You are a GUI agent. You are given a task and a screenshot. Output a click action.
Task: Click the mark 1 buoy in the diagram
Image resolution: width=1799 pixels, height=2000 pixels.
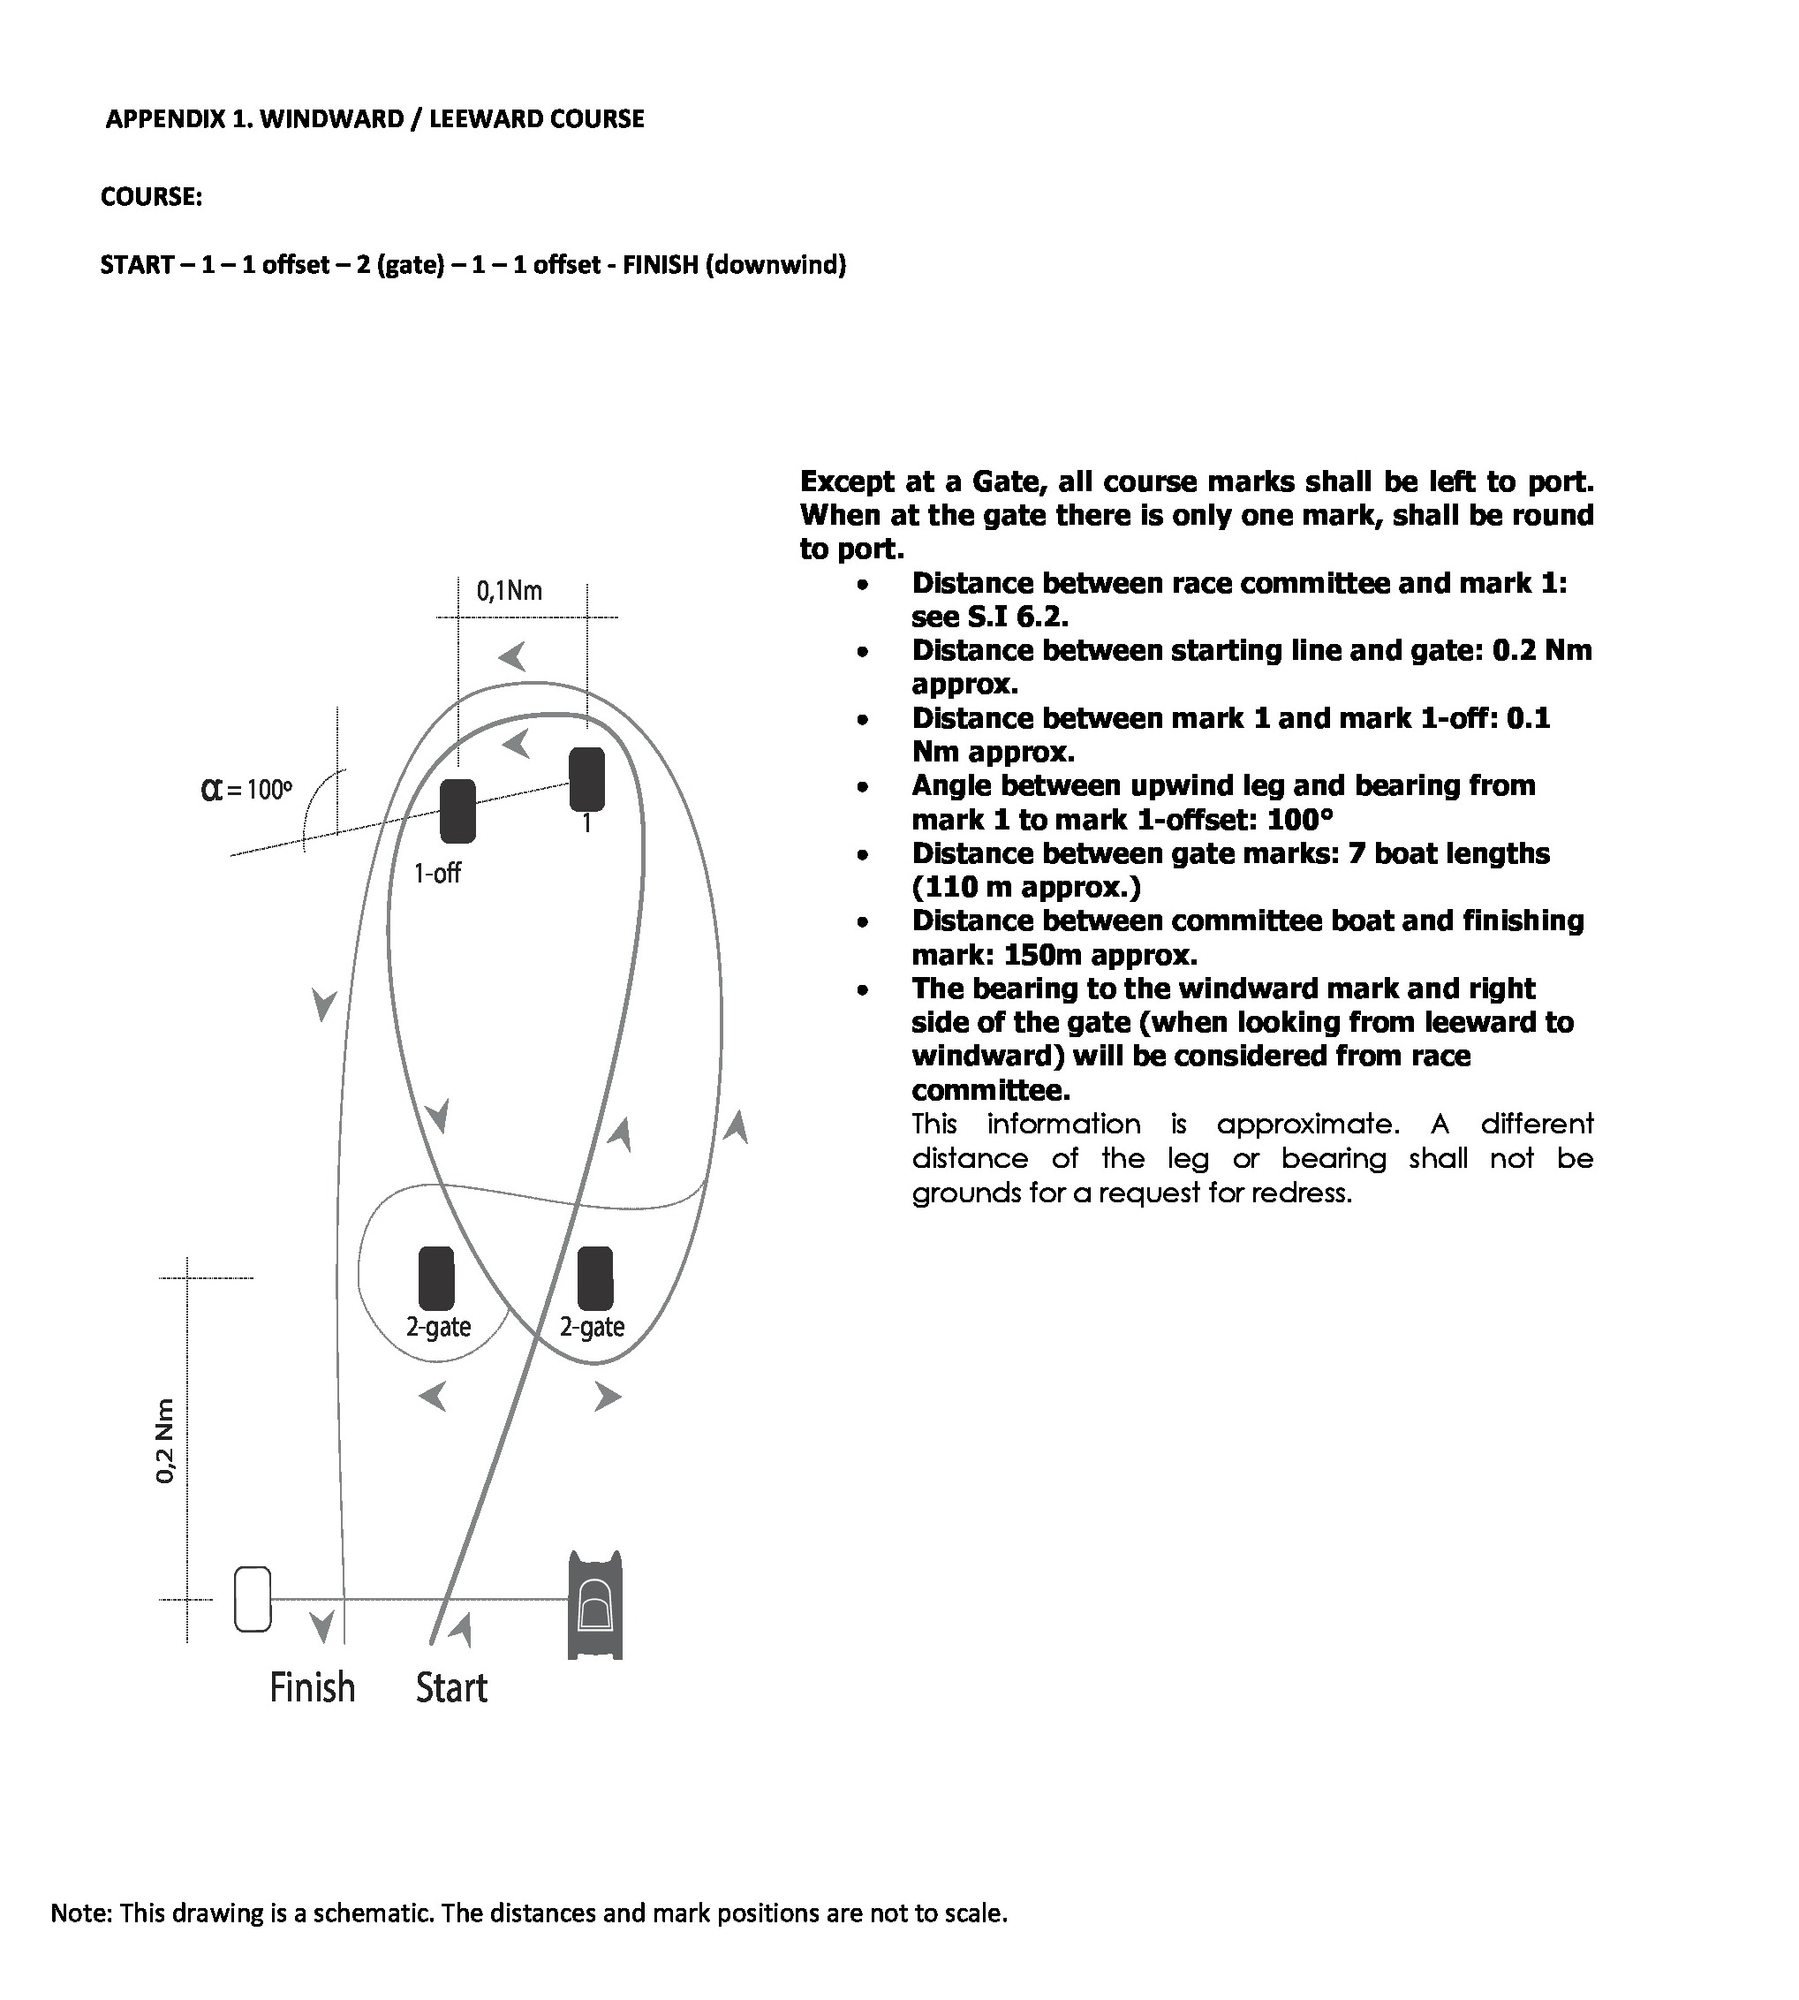pos(587,779)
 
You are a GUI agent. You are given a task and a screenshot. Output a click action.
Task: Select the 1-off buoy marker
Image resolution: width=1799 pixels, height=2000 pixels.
pos(457,811)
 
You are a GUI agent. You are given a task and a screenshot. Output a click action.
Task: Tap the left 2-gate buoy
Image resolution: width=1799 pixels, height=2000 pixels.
pos(436,1278)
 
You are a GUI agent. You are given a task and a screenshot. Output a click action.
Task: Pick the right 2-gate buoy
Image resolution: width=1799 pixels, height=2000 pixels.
pos(595,1278)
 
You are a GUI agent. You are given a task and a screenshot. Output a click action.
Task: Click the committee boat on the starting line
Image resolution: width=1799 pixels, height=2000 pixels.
pos(595,1604)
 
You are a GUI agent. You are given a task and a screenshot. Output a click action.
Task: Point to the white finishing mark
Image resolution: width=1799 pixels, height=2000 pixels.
pos(253,1599)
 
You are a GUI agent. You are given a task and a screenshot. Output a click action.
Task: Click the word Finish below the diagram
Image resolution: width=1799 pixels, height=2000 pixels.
pos(313,1687)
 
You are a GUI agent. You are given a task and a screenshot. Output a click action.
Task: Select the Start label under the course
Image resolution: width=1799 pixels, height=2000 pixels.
pos(451,1687)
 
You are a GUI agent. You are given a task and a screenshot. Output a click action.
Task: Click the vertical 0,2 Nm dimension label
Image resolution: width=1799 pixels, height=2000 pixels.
pos(165,1442)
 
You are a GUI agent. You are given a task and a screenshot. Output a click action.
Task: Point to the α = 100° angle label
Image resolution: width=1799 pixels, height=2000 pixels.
pos(247,789)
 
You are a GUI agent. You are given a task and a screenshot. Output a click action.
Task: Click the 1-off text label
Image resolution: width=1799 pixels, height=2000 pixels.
pos(437,873)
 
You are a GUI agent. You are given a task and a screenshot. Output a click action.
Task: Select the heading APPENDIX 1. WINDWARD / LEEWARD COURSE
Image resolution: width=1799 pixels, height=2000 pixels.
pos(374,118)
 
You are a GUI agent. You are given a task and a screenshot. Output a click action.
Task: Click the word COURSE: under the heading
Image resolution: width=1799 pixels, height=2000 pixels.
pos(151,197)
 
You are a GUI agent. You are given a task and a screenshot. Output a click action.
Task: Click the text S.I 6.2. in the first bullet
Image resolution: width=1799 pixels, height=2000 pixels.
pos(1018,617)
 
